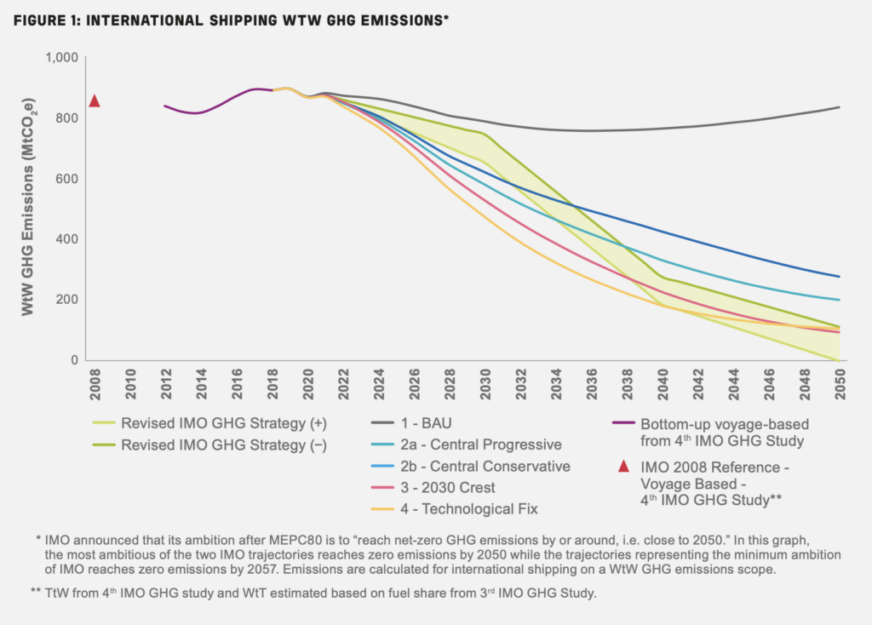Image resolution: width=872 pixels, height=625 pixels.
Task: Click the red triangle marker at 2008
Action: click(95, 101)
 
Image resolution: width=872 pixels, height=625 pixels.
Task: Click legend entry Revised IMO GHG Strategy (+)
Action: click(224, 421)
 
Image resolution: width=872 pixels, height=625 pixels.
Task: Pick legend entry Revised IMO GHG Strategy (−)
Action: click(224, 444)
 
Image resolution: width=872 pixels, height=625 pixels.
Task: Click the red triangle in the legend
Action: click(623, 466)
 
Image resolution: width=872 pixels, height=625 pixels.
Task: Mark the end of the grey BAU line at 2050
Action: click(840, 107)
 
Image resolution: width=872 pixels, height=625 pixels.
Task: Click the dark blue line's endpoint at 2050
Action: click(840, 277)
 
